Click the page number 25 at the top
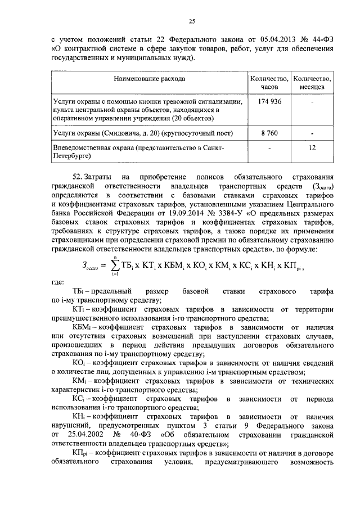191,22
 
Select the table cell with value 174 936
269,101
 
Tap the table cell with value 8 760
269,134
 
